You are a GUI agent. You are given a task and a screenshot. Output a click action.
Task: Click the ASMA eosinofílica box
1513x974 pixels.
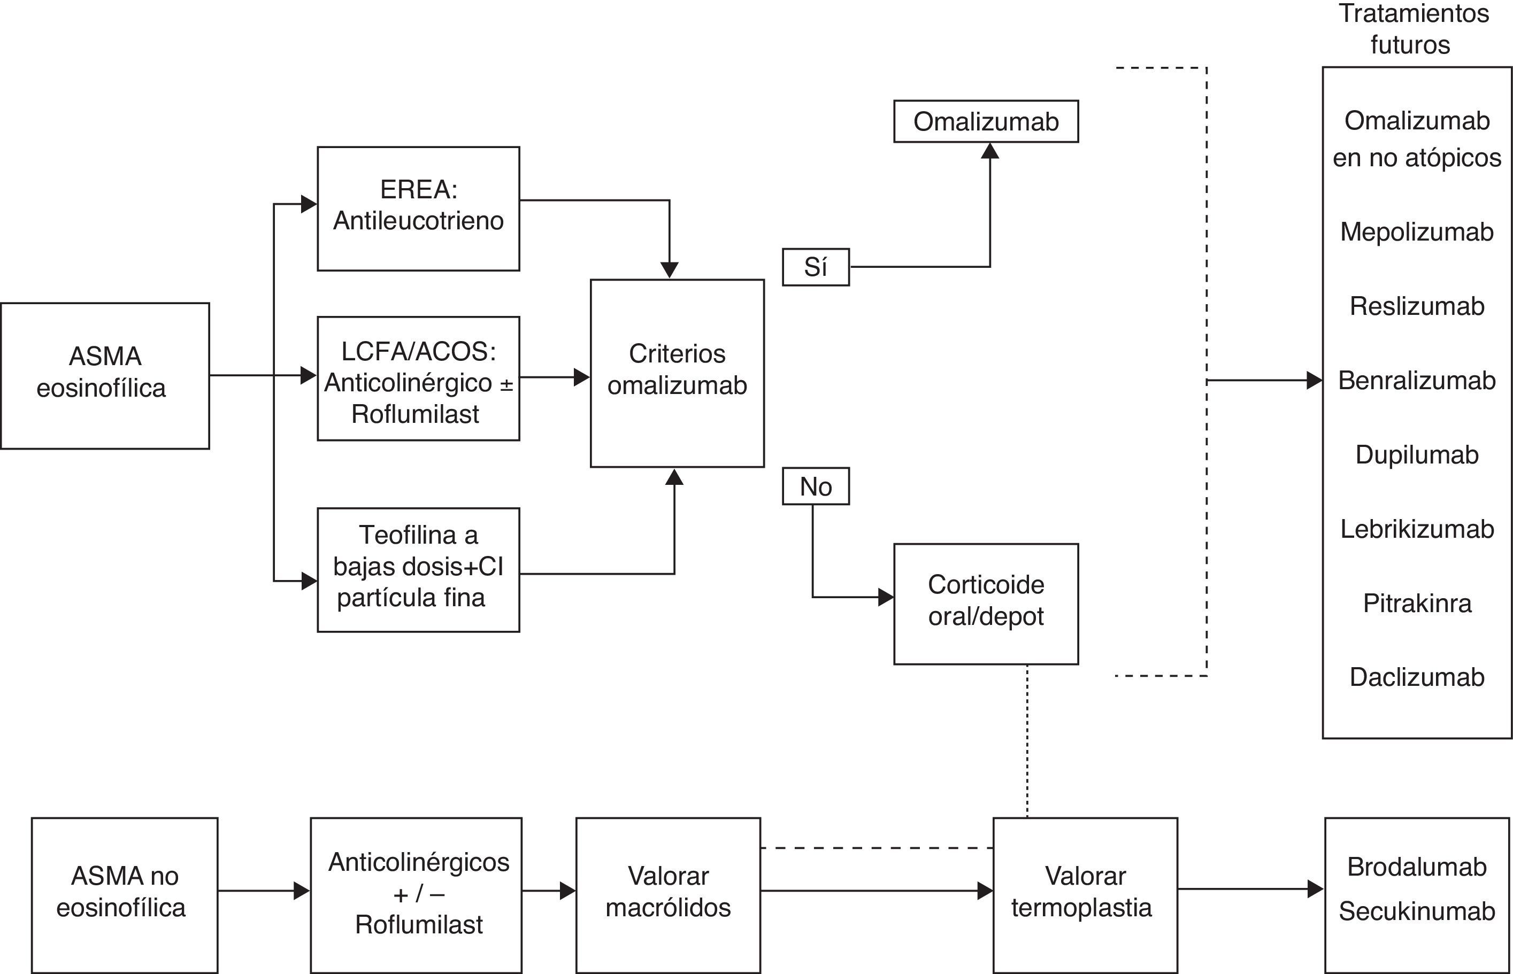(105, 376)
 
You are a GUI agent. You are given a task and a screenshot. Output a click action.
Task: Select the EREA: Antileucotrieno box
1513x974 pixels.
(418, 208)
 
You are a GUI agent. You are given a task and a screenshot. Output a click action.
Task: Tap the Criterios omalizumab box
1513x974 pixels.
(677, 373)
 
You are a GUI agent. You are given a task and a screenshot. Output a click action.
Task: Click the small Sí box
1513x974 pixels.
(816, 267)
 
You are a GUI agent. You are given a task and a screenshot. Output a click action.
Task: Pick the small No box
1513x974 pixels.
(816, 486)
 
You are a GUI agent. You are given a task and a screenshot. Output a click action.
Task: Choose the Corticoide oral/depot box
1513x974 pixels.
(986, 604)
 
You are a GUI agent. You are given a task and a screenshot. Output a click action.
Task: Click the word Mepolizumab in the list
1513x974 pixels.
(1417, 232)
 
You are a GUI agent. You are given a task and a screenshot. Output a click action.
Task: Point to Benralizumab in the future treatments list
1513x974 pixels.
(1417, 380)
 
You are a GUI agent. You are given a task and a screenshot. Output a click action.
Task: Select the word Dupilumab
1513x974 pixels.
(1417, 455)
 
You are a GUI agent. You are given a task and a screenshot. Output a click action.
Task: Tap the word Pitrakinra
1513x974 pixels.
(1417, 603)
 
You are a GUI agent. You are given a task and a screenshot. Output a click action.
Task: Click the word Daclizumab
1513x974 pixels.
(1417, 677)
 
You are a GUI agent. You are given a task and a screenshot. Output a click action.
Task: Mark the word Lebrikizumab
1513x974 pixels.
(1417, 529)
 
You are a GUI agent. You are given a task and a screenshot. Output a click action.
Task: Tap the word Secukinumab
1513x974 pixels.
(1417, 911)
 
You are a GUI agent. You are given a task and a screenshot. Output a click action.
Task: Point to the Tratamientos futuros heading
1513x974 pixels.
(1413, 29)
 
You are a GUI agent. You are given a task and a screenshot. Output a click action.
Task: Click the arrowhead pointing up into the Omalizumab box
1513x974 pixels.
(990, 151)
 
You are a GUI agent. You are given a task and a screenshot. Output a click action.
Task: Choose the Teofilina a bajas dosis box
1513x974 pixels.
(418, 569)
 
